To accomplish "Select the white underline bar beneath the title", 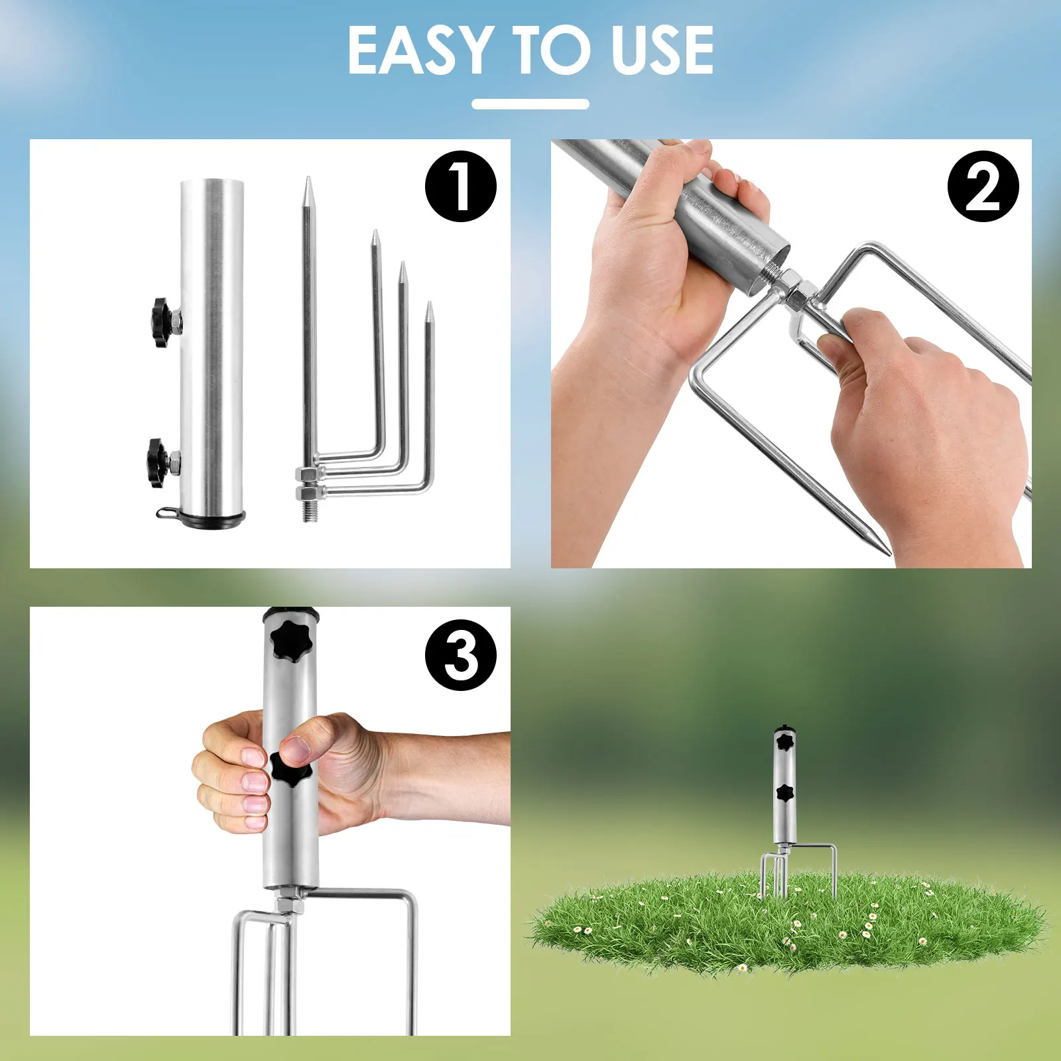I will point(530,104).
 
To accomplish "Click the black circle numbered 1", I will point(461,186).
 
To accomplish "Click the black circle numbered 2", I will point(983,186).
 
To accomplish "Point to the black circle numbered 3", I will point(461,655).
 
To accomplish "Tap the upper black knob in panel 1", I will point(161,322).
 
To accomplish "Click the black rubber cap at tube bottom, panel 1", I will point(212,518).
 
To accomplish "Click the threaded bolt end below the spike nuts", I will point(310,511).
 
